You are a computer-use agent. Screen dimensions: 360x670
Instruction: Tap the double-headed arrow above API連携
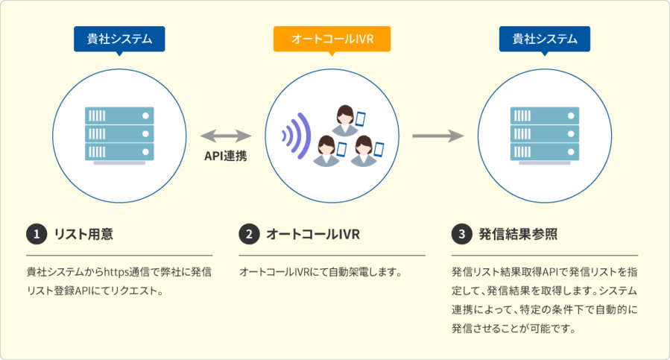226,136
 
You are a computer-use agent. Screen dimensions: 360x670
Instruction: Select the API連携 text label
226,157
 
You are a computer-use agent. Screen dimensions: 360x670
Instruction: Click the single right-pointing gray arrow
438,136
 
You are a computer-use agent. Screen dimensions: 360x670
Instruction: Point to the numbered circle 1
35,234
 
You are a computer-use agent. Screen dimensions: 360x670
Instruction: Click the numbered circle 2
248,234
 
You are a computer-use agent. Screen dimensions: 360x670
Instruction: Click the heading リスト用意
83,234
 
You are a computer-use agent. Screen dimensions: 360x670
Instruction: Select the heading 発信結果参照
518,234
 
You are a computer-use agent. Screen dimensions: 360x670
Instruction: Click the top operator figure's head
344,114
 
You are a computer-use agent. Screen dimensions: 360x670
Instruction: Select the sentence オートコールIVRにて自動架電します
320,271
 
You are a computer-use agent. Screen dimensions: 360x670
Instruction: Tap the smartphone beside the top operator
361,119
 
